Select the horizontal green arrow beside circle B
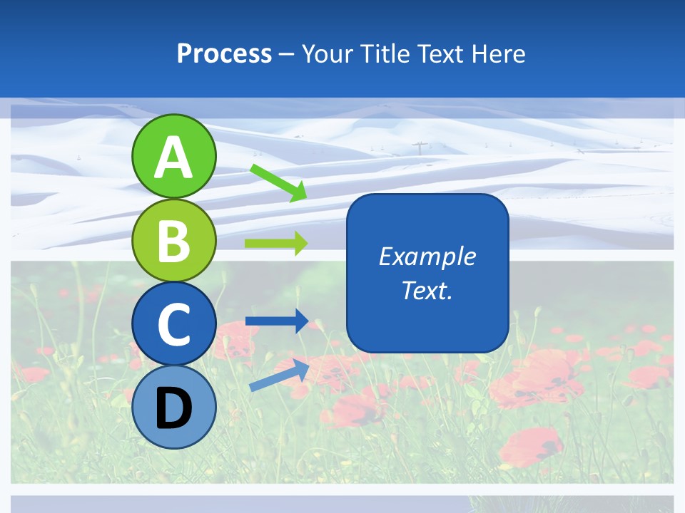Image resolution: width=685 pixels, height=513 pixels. (x=275, y=244)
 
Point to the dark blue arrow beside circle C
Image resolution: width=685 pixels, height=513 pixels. (x=276, y=321)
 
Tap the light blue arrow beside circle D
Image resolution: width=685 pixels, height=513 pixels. (x=279, y=375)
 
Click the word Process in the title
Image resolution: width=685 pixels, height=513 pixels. (x=224, y=54)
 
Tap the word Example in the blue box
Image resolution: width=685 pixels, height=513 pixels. (x=427, y=256)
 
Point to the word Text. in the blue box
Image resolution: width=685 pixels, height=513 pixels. (x=427, y=290)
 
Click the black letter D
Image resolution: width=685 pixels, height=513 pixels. (x=173, y=408)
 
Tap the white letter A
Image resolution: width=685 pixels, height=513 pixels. (x=173, y=157)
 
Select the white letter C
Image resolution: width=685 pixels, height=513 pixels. (x=173, y=324)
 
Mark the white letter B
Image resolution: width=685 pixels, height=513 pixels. (x=173, y=241)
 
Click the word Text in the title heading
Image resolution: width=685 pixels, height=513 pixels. (x=442, y=54)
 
